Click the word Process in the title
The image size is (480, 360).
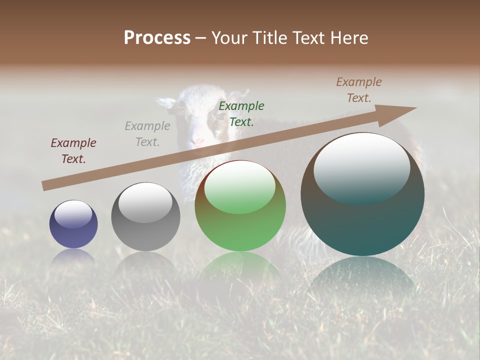[x=157, y=38]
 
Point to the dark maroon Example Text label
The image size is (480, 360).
[x=73, y=151]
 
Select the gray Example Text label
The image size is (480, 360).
[x=147, y=134]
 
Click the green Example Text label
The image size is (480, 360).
[x=241, y=114]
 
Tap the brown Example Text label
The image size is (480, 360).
[x=359, y=90]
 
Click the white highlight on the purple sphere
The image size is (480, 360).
[x=73, y=213]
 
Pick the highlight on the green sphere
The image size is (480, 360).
[x=239, y=186]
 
